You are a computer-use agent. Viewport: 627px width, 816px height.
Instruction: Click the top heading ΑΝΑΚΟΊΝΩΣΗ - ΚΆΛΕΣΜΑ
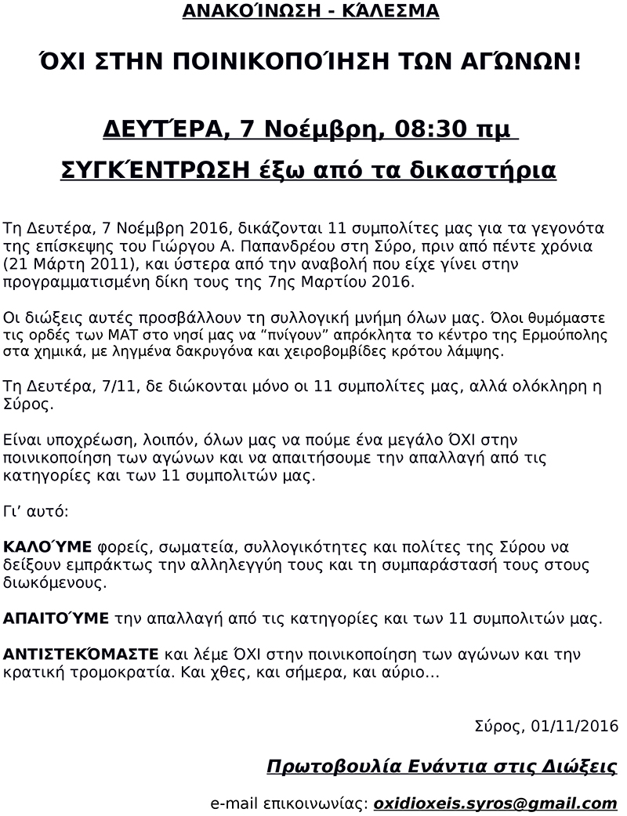coord(310,12)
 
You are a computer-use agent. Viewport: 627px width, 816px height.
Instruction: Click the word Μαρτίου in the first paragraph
coord(313,282)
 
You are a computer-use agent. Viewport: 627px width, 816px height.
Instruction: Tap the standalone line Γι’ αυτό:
coord(36,511)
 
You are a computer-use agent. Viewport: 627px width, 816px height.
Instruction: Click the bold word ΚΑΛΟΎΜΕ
coord(48,546)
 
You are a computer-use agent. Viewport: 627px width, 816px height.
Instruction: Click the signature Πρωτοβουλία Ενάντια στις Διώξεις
coord(442,767)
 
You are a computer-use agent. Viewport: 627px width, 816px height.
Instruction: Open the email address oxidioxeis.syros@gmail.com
coord(495,803)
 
